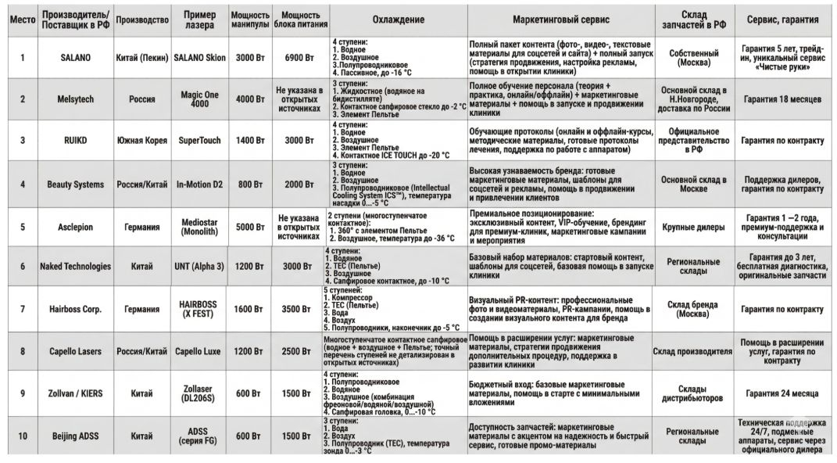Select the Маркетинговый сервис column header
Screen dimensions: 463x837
561,19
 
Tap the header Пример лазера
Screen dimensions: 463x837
199,19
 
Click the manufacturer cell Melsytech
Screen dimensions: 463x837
75,99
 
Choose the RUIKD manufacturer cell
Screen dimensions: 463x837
75,141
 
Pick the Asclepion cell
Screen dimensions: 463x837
75,227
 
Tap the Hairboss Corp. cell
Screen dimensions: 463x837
75,309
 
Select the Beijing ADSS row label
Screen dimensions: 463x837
75,436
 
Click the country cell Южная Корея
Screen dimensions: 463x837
141,141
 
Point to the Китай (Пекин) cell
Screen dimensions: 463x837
141,57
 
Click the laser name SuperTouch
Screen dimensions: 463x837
199,141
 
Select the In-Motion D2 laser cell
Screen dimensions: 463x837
199,185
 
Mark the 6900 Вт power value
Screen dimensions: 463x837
298,57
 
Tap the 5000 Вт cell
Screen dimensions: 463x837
250,227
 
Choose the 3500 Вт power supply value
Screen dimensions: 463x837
298,309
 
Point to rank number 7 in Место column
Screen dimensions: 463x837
22,309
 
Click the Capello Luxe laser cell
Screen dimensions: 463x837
199,351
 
